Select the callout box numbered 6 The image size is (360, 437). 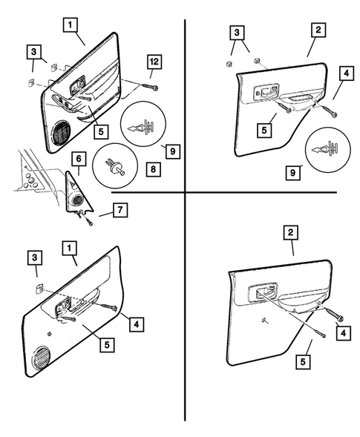click(x=76, y=158)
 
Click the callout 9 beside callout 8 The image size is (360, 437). click(x=171, y=151)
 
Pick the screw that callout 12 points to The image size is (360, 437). click(x=154, y=88)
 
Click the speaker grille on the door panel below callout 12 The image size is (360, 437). click(x=62, y=133)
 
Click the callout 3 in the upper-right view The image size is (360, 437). click(x=236, y=33)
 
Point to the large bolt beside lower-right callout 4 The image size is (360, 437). click(x=335, y=317)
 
